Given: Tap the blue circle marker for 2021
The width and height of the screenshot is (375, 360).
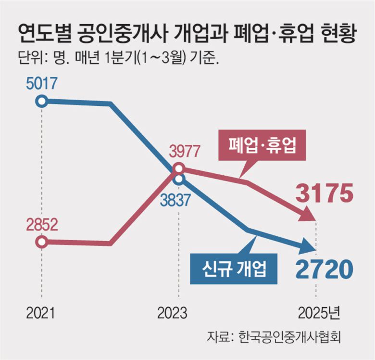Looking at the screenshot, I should click(x=42, y=101).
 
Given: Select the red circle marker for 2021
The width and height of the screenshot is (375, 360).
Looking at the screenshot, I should click(x=42, y=242).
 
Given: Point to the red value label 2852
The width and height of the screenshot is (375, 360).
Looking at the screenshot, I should click(x=42, y=224).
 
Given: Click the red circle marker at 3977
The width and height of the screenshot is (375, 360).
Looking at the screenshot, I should click(x=178, y=168).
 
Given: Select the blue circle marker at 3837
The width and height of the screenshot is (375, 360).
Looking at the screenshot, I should click(x=179, y=180).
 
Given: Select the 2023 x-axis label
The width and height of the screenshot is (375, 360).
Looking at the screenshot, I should click(x=172, y=314).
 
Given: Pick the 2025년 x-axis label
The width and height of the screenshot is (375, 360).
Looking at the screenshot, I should click(x=318, y=314).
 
